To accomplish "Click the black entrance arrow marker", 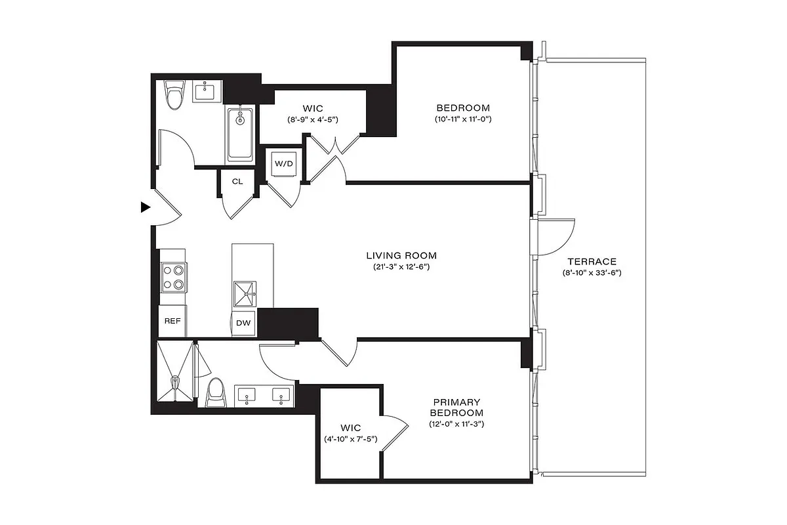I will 146,207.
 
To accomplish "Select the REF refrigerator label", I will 172,322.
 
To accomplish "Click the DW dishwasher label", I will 244,323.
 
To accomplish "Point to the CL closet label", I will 237,181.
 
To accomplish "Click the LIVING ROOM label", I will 401,255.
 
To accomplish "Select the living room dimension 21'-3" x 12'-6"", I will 401,267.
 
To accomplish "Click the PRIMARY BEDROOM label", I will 456,407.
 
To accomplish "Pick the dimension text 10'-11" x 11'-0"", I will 462,119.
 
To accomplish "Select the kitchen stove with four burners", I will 174,276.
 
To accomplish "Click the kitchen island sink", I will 245,294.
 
